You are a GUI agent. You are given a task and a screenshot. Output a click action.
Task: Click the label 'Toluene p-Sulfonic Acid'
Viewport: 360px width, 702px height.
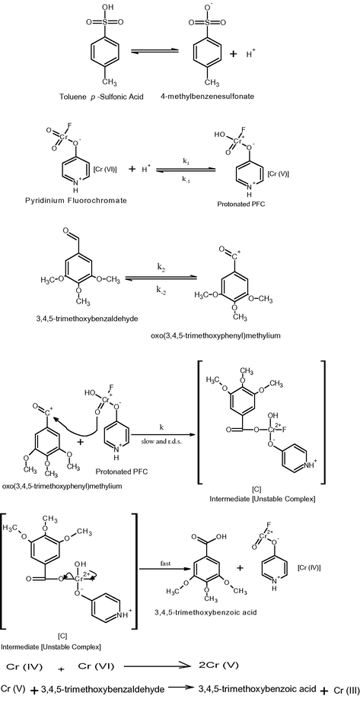pos(101,97)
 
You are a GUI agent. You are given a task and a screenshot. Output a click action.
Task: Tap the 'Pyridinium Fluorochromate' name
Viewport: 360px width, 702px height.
pos(76,200)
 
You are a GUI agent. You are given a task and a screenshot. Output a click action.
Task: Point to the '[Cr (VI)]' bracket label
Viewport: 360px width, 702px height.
pos(106,169)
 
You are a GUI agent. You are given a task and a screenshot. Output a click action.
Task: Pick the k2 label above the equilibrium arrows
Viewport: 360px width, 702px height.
pos(161,264)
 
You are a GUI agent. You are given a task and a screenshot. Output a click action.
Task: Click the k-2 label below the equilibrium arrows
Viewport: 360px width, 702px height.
pos(161,290)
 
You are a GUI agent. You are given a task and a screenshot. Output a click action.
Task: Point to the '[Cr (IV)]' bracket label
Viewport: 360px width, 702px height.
pos(309,567)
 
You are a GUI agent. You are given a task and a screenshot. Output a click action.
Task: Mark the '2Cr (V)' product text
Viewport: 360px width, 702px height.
pos(218,665)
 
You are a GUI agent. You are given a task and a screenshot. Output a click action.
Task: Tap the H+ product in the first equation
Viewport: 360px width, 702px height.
pos(250,54)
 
